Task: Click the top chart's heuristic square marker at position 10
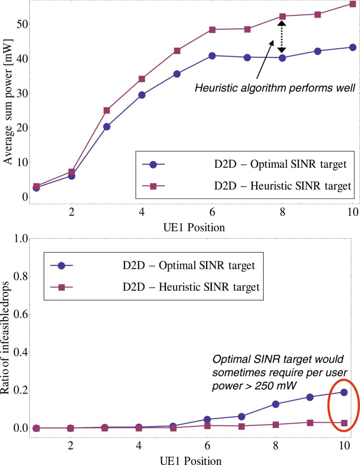(x=353, y=4)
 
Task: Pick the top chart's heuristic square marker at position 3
(x=107, y=110)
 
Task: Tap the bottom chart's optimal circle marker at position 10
(x=344, y=392)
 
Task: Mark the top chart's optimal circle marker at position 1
(x=36, y=188)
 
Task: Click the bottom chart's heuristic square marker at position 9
(x=310, y=422)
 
